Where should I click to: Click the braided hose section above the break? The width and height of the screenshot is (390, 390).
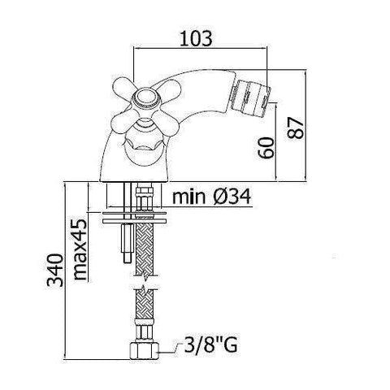pos(145,252)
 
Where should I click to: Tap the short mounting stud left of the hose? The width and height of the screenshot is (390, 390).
pos(125,244)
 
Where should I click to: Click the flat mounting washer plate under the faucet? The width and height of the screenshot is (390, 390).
pos(135,218)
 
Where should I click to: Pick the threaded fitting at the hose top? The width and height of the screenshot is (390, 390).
pos(145,199)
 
